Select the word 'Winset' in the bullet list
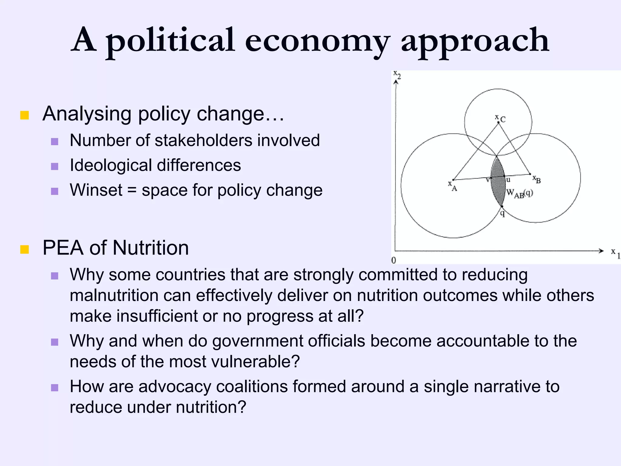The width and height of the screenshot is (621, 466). click(96, 190)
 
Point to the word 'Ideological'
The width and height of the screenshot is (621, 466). click(111, 165)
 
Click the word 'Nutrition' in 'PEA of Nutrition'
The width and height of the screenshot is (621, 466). click(150, 248)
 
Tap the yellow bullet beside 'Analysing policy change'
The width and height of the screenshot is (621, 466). click(25, 115)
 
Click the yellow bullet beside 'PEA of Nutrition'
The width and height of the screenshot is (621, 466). click(25, 249)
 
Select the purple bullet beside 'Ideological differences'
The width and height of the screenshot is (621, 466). click(55, 167)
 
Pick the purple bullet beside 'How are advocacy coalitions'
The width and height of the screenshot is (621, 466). click(55, 388)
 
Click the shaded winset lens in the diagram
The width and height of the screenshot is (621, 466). click(498, 182)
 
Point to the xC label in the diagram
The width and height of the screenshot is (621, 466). click(500, 119)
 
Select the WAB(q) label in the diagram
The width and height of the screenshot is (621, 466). click(519, 193)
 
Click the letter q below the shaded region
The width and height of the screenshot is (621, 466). click(502, 214)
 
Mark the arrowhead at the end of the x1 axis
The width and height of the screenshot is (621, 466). click(601, 251)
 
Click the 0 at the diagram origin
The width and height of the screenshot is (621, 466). click(394, 260)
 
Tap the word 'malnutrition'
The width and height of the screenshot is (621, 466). click(114, 295)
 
